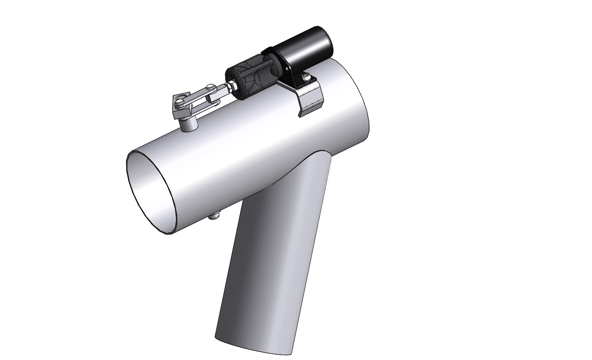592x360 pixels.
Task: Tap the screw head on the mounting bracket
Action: pyautogui.click(x=306, y=76)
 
